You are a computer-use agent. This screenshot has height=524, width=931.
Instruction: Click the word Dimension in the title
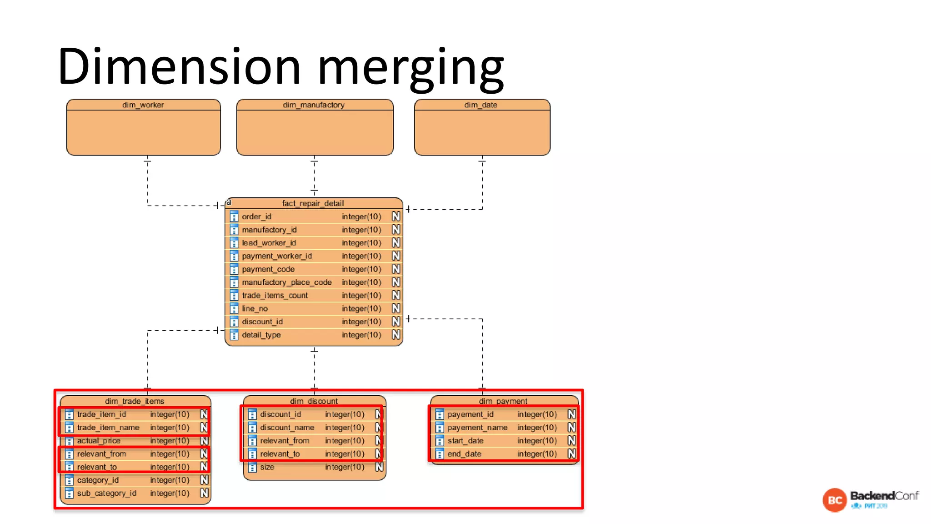click(x=179, y=66)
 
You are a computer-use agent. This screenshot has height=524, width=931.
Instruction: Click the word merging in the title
click(x=410, y=68)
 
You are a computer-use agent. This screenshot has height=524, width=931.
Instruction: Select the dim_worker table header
click(x=143, y=105)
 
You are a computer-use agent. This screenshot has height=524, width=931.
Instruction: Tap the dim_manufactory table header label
click(x=314, y=105)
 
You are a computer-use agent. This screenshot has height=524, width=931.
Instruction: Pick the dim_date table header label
click(x=481, y=105)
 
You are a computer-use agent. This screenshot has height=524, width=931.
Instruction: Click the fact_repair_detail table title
click(x=313, y=203)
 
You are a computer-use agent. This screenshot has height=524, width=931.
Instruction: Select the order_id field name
click(x=256, y=217)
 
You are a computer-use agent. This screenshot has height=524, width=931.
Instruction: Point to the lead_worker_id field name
click(x=269, y=243)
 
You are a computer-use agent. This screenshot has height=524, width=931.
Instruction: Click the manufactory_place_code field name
click(x=286, y=282)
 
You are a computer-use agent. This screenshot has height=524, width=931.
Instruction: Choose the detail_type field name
click(x=261, y=335)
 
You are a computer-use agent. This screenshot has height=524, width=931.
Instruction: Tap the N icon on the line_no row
click(x=396, y=308)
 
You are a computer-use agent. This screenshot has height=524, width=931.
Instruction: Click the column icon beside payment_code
click(x=234, y=269)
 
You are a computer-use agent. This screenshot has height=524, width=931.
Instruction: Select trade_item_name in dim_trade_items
click(x=108, y=428)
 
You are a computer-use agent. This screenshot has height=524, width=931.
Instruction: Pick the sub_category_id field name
click(x=107, y=493)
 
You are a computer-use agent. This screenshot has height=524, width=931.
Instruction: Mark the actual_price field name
click(x=99, y=441)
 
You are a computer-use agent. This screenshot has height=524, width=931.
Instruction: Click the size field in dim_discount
click(x=267, y=467)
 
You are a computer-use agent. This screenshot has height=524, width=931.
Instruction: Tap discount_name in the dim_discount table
click(x=287, y=428)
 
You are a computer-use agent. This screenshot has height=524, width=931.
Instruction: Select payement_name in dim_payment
click(x=477, y=428)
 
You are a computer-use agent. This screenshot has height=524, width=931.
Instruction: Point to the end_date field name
click(x=464, y=454)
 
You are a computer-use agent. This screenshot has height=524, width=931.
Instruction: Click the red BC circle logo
click(x=835, y=500)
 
